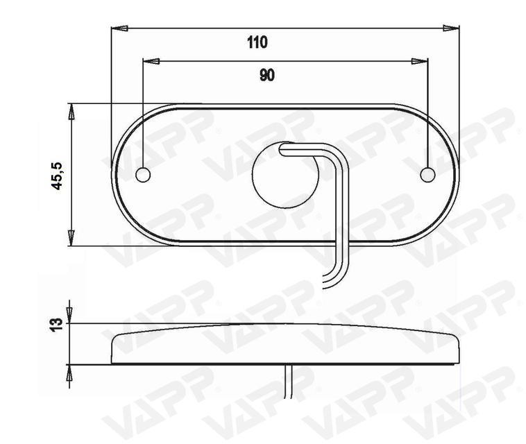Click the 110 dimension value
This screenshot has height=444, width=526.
pos(257,42)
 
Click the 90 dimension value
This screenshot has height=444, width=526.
pos(267,75)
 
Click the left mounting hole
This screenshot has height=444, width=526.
pos(143,175)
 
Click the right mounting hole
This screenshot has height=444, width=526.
pos(427,175)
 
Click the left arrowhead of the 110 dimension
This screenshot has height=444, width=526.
pos(119,28)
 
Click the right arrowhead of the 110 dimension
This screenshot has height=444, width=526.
pos(450,28)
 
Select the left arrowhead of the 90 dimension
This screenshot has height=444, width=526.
pos(151,61)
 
